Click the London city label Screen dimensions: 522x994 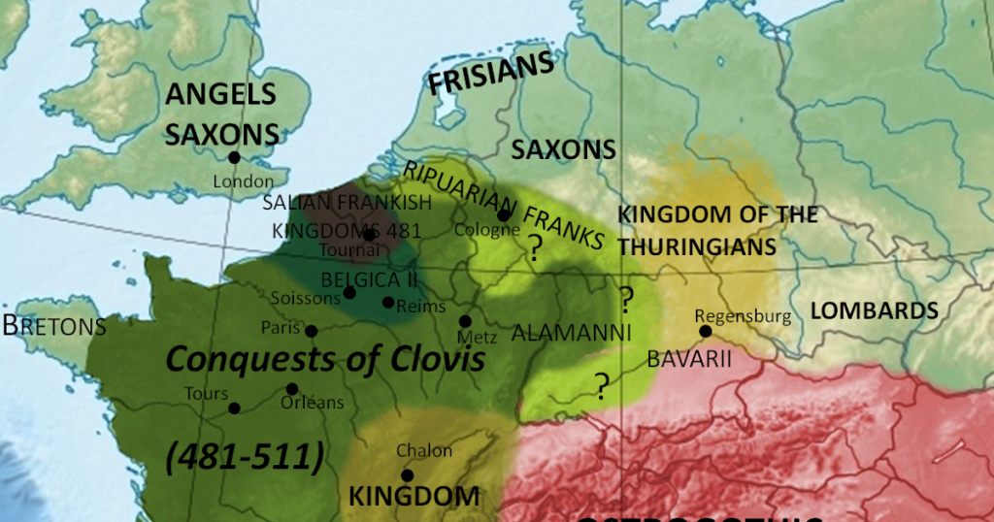[243, 180]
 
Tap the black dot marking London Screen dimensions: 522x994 [234, 157]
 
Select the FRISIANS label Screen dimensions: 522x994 [491, 74]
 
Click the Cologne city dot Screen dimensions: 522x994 [504, 215]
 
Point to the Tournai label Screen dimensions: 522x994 [346, 249]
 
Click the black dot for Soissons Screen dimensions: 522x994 [349, 292]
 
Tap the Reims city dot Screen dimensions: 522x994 [388, 303]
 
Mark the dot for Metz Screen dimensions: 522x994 [466, 321]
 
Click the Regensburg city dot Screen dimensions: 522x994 [706, 332]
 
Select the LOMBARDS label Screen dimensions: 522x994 [874, 310]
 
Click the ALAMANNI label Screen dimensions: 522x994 [572, 333]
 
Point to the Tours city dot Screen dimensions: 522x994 [234, 408]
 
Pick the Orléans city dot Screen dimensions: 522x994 [292, 389]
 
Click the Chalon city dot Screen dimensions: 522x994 [408, 475]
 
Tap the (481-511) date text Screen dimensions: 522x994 [244, 455]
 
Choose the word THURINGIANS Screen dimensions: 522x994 [697, 246]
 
